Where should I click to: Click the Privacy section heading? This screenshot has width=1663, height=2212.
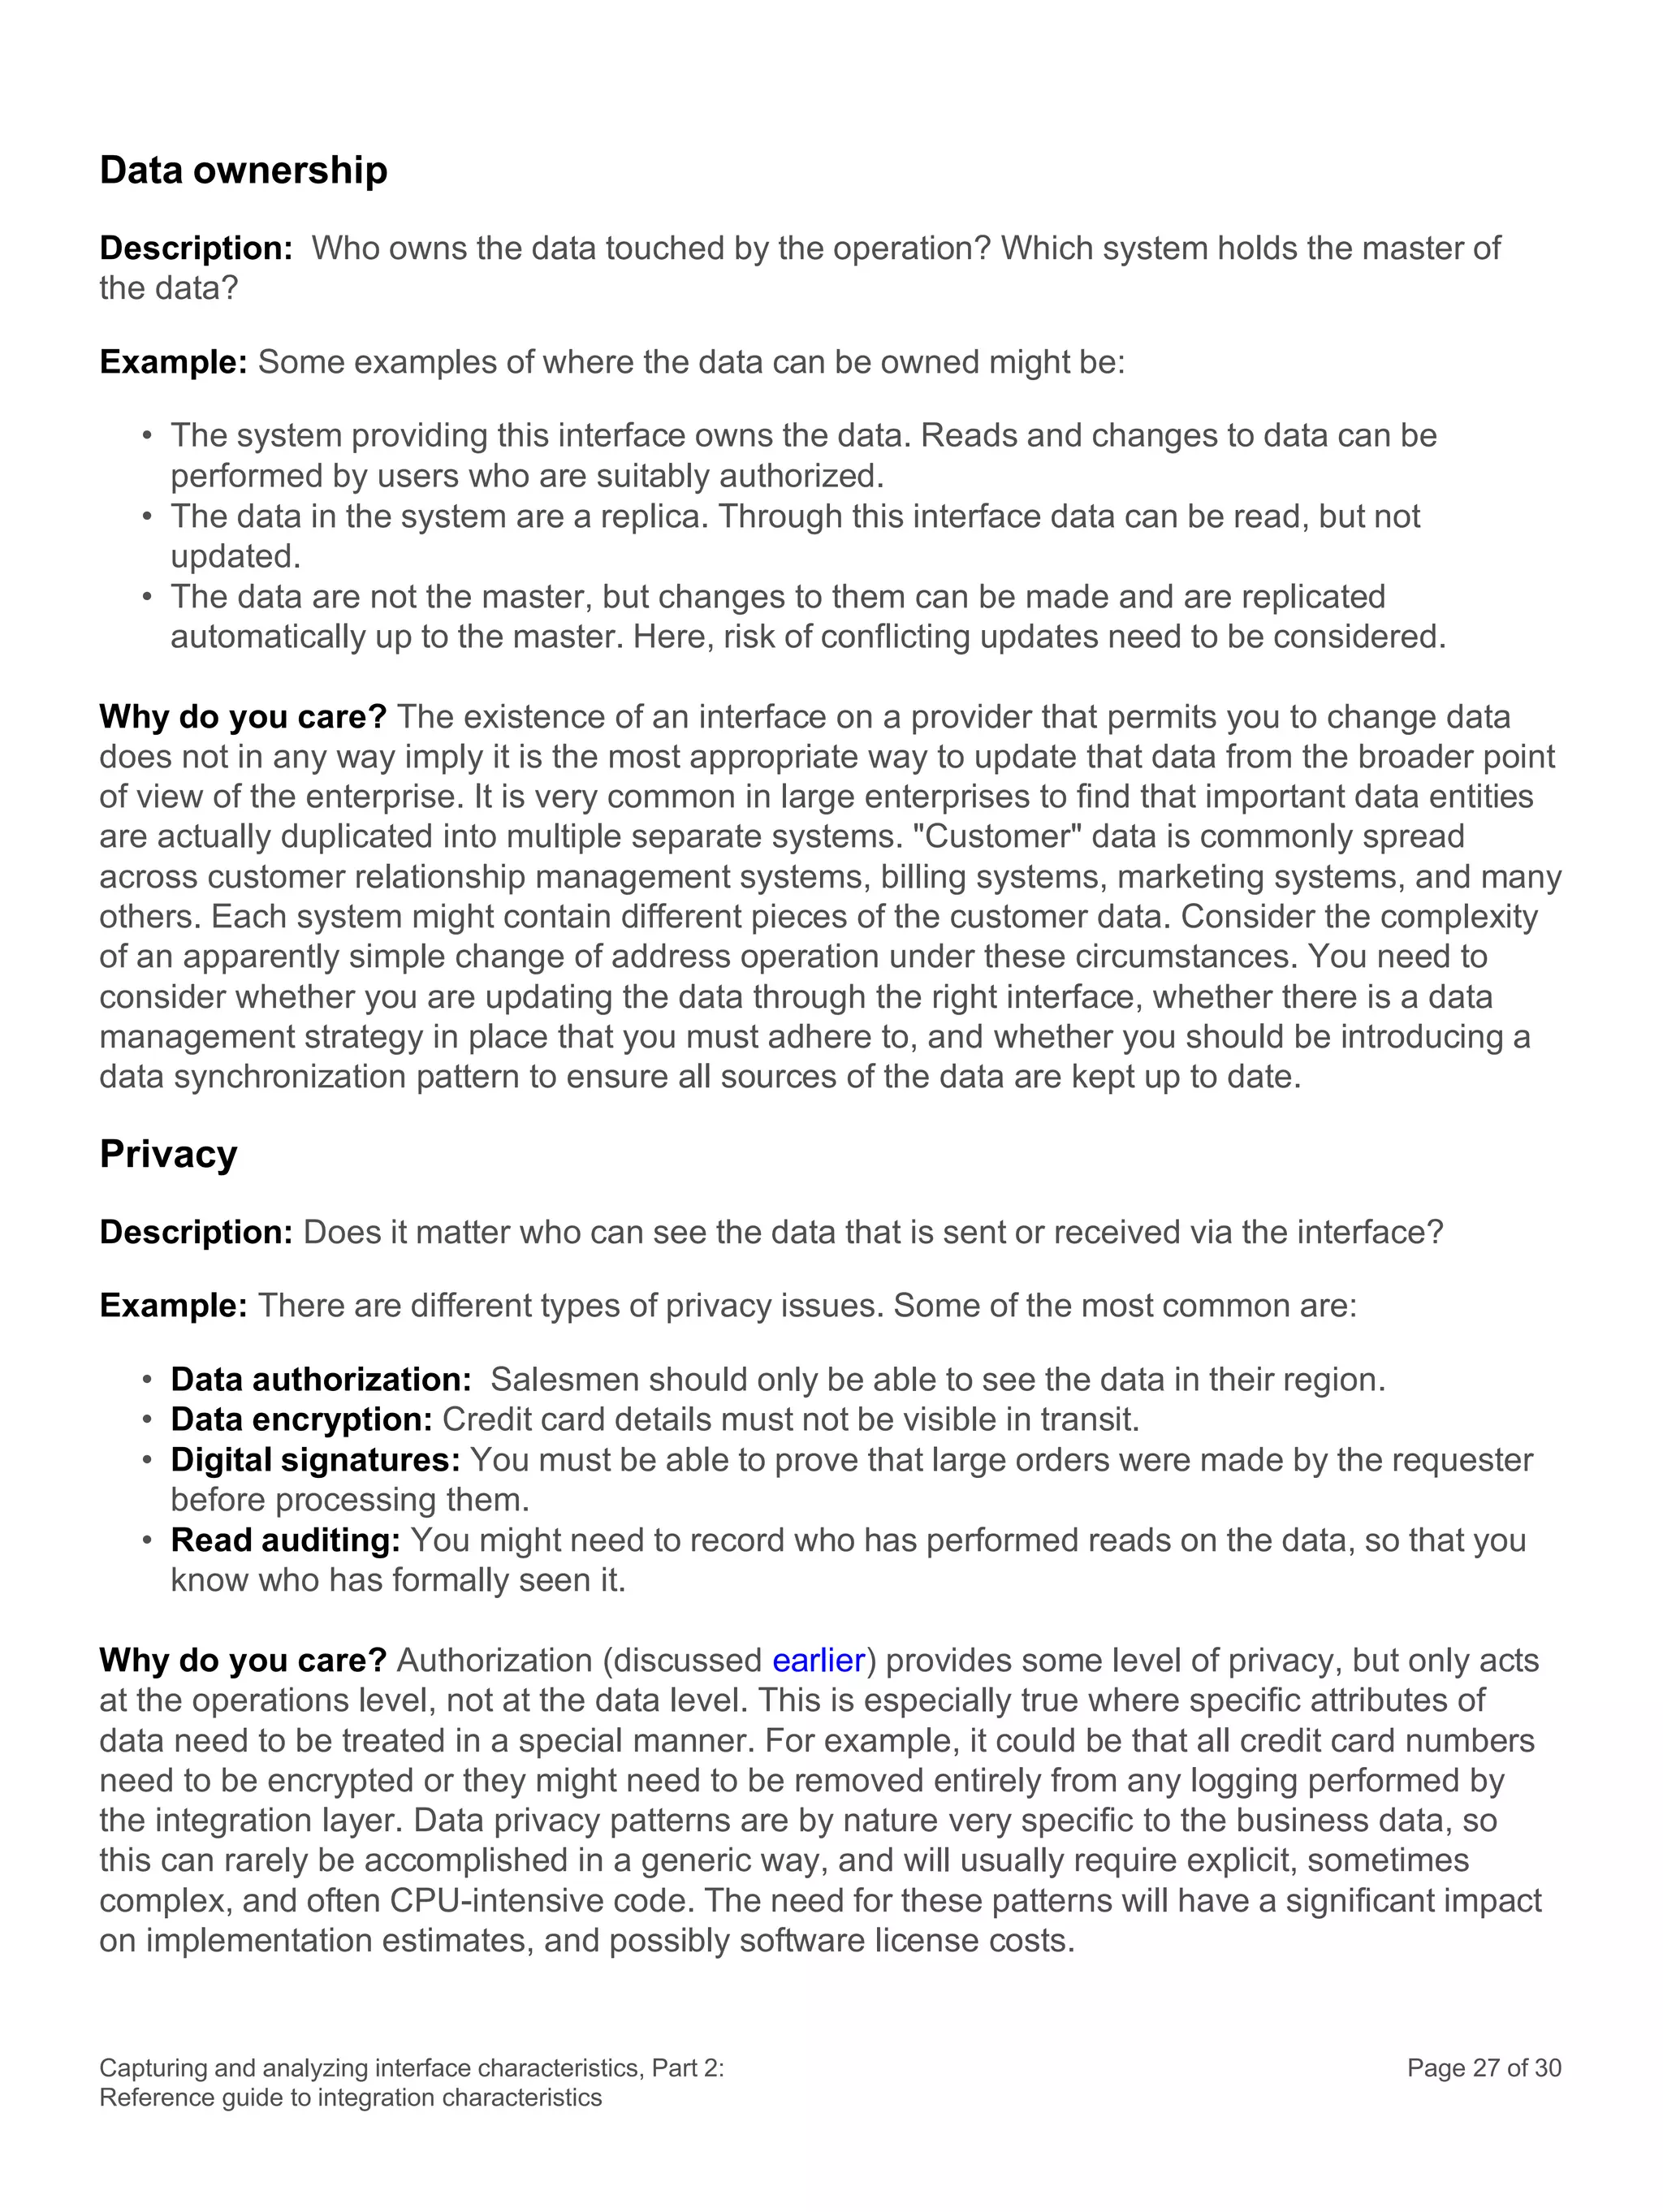(168, 1154)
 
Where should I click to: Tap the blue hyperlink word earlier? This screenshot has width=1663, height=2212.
(818, 1660)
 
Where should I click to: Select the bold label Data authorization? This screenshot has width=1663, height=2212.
(321, 1379)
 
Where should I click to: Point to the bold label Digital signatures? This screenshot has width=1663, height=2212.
(315, 1459)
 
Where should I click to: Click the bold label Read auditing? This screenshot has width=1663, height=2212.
(285, 1540)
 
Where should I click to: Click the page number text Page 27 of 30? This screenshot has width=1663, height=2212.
(1483, 2068)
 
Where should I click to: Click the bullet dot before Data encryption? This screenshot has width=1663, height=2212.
(147, 1420)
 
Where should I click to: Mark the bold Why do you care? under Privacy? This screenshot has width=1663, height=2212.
(242, 1660)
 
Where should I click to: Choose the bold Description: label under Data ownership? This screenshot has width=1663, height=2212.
(196, 248)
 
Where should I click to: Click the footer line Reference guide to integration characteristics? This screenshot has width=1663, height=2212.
(350, 2097)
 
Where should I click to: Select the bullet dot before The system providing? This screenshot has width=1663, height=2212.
(147, 436)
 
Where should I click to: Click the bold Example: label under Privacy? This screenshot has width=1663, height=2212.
(173, 1305)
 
